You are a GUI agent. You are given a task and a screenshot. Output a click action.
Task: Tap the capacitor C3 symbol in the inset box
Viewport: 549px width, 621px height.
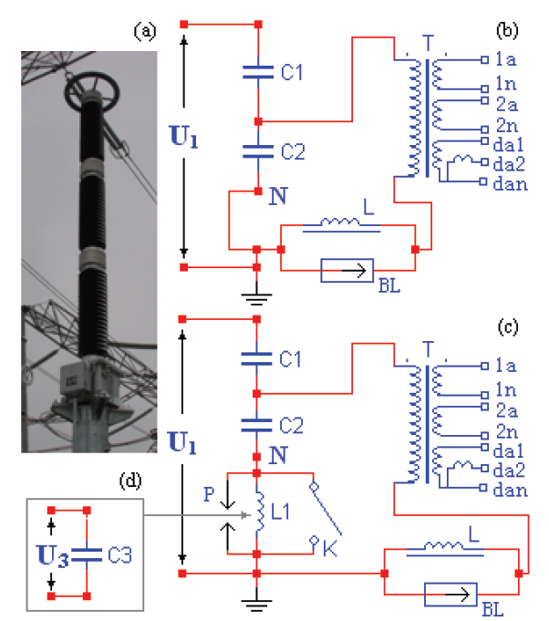point(87,552)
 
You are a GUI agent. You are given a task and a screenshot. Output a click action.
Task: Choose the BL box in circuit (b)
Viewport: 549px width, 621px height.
point(347,270)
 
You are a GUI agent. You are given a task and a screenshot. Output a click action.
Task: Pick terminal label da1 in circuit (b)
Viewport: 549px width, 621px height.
point(507,142)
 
